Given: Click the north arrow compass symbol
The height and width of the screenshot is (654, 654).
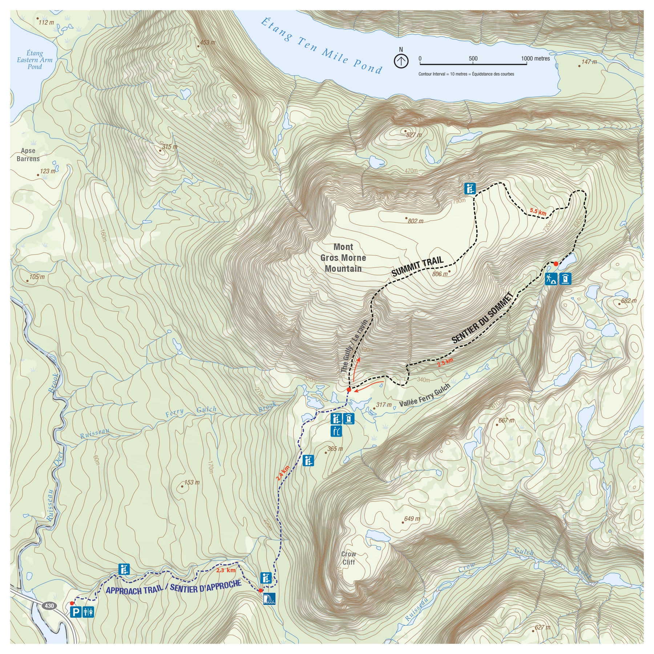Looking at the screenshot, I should (401, 60).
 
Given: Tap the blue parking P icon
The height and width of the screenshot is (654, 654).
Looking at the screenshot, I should (76, 612).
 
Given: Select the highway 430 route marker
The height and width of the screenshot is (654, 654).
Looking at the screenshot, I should (49, 606).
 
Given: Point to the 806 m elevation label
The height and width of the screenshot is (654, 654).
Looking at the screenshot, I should (440, 274).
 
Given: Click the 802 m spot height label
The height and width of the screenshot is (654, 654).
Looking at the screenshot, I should (415, 221).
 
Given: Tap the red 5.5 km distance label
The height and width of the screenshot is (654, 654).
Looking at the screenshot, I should (538, 211).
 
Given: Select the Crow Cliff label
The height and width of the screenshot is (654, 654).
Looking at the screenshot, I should (348, 558).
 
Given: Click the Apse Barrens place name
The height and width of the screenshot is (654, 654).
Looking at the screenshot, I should (28, 155).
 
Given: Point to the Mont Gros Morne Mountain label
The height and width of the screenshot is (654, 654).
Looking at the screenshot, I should (343, 258).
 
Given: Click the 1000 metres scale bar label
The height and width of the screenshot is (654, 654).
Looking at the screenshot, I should (535, 58).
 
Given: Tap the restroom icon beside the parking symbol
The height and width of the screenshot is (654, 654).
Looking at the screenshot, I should (88, 612).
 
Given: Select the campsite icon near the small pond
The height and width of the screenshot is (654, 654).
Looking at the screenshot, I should (551, 279).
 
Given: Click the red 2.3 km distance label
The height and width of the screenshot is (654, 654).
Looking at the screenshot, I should (226, 570).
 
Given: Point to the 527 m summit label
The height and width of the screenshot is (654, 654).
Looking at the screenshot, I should (414, 135).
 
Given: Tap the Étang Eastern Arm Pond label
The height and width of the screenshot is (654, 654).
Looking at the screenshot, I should (35, 60).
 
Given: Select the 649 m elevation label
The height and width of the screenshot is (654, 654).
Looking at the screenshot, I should (412, 519).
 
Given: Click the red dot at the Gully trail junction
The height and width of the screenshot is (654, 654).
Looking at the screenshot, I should (348, 389).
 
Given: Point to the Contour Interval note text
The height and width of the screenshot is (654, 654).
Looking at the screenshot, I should (466, 74).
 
